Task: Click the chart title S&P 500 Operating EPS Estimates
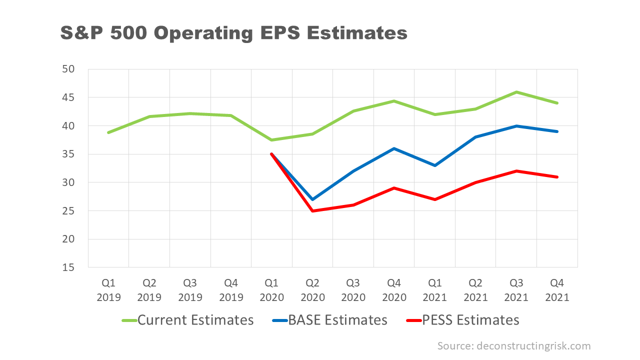coord(233,33)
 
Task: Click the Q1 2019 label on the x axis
coord(108,290)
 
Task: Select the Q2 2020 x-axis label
coord(312,290)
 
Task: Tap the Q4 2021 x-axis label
coord(557,290)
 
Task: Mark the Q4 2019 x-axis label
coord(231,290)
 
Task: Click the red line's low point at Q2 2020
coord(312,211)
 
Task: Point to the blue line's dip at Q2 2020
coord(312,199)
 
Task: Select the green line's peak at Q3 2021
coord(516,92)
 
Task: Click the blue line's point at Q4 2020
coord(394,148)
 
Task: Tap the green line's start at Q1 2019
coord(108,132)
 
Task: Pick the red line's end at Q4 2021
coord(557,177)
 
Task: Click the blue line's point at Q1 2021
coord(435,165)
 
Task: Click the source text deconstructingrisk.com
coord(514,346)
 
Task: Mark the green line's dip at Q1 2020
coord(271,140)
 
